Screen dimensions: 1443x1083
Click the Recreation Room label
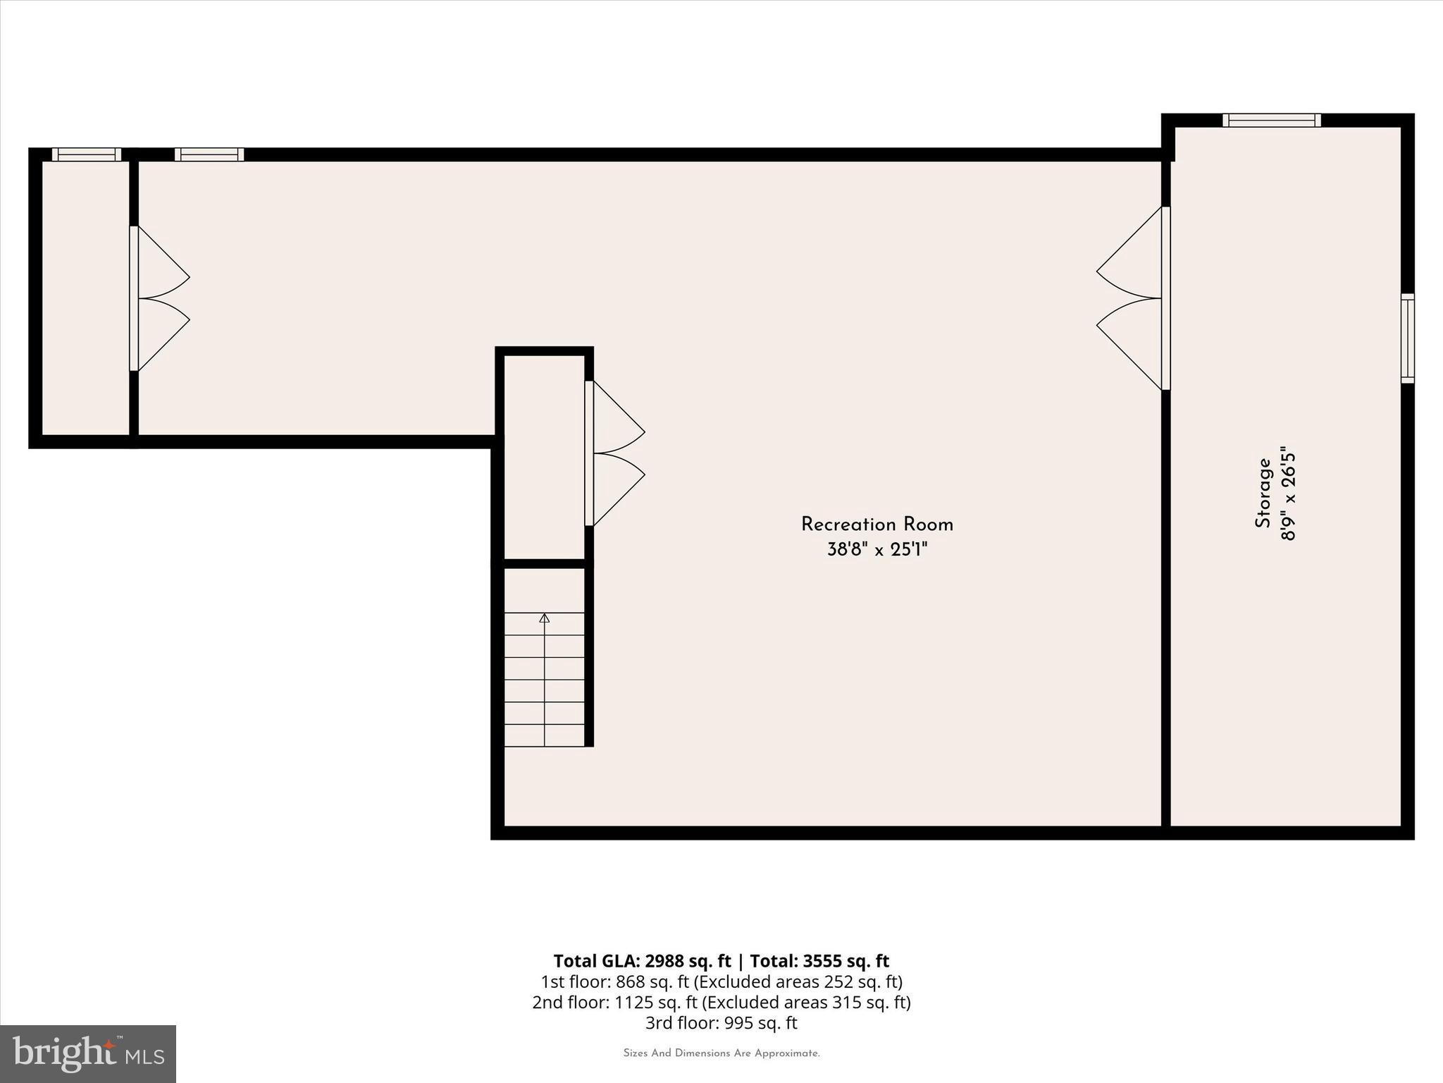[x=877, y=525]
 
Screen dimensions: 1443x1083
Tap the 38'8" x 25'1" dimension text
[x=877, y=550]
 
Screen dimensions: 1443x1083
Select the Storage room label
[x=1263, y=493]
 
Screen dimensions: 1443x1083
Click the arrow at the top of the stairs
[x=545, y=618]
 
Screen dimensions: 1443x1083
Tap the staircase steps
[x=545, y=679]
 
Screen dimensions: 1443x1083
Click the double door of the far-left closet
[x=159, y=298]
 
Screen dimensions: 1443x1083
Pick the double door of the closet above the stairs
[x=614, y=453]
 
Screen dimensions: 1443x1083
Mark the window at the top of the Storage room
[x=1272, y=121]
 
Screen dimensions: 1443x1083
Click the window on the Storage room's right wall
[x=1407, y=338]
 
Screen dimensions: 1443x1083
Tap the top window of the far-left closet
[x=87, y=154]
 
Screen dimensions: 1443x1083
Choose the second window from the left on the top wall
[x=209, y=154]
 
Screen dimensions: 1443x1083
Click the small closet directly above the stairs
[x=544, y=457]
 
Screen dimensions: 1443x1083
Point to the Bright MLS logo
[x=88, y=1054]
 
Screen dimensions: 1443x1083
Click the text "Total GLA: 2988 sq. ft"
[x=642, y=961]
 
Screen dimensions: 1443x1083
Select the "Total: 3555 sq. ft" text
[x=819, y=961]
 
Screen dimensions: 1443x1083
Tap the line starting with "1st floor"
[x=721, y=981]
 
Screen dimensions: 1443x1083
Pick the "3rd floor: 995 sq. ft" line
[x=721, y=1022]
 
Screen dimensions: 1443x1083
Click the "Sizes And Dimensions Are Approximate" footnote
[x=721, y=1053]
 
